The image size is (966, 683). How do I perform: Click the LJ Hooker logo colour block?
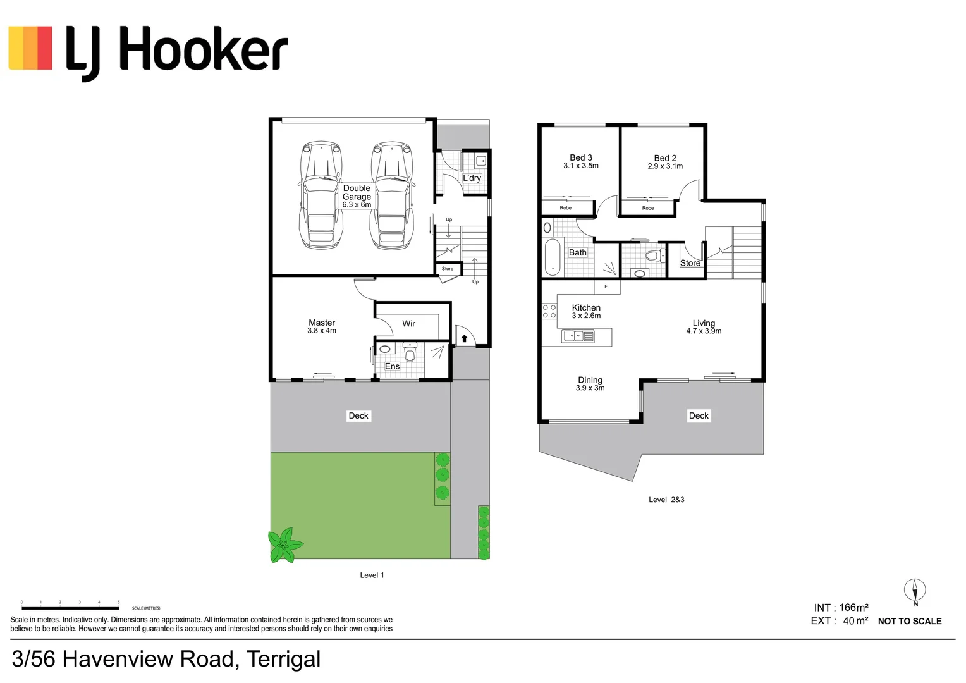(x=30, y=48)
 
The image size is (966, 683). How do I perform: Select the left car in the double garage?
(x=321, y=195)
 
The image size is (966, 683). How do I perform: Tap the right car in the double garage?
(x=393, y=195)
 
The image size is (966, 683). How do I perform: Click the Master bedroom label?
(x=322, y=323)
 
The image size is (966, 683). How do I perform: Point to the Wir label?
(x=409, y=324)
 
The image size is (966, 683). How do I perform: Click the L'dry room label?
(x=472, y=178)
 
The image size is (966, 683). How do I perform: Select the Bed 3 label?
(x=581, y=157)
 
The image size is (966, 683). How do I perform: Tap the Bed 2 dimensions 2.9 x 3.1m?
(x=665, y=166)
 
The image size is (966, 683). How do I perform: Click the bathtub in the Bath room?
(x=553, y=257)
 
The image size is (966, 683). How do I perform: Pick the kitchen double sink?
(x=577, y=336)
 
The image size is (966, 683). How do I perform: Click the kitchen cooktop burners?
(x=549, y=311)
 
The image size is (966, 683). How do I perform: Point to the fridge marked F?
(x=606, y=287)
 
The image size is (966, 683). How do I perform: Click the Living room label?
(x=704, y=323)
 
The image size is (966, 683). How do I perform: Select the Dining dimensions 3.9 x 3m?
(x=590, y=388)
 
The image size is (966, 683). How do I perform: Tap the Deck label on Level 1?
(x=358, y=415)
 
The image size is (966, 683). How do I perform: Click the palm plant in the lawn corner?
(x=284, y=544)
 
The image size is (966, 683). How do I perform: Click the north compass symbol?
(x=915, y=591)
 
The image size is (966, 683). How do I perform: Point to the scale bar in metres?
(x=70, y=608)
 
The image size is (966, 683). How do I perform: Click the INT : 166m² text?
(x=841, y=608)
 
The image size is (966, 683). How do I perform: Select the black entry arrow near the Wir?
(x=464, y=339)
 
